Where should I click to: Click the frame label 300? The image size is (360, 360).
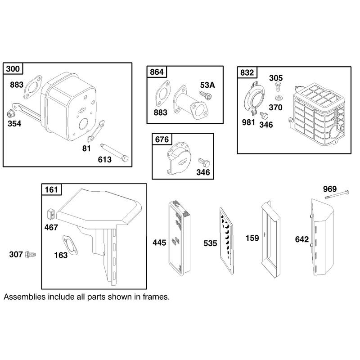click(x=13, y=69)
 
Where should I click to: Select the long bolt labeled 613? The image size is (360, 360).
click(x=114, y=153)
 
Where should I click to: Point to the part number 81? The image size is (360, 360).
click(x=86, y=148)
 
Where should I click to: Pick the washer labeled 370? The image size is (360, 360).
click(x=279, y=98)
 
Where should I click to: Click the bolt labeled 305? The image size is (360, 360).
click(x=279, y=87)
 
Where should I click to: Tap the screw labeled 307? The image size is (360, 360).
click(x=31, y=254)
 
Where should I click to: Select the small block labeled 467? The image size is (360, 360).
click(x=51, y=214)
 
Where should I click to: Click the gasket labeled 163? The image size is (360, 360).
click(x=70, y=245)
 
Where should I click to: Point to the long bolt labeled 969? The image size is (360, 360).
click(x=337, y=194)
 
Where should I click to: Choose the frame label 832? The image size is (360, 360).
click(x=247, y=72)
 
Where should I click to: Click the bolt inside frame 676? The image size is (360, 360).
click(x=204, y=162)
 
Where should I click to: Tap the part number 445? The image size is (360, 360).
click(x=159, y=243)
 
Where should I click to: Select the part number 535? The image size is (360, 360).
click(x=210, y=243)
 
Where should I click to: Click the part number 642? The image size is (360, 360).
click(x=302, y=239)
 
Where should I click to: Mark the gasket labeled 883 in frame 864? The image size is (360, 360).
click(x=163, y=94)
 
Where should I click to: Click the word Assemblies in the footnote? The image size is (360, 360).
click(x=25, y=297)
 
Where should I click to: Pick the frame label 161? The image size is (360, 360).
click(x=51, y=189)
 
